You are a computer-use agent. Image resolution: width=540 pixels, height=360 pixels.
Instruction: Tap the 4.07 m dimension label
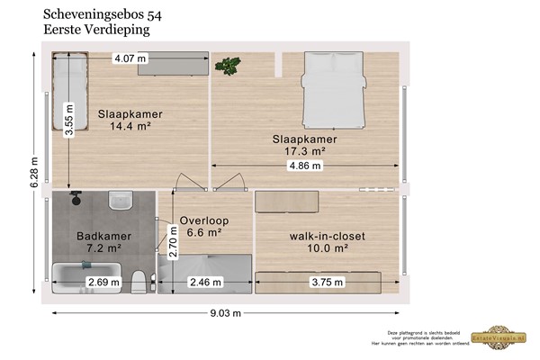(130, 59)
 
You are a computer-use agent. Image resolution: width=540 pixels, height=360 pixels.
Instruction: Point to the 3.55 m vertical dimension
(67, 116)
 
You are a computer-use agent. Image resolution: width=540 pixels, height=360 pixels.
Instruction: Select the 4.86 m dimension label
(305, 166)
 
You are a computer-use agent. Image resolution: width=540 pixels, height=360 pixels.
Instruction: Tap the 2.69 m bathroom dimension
(103, 283)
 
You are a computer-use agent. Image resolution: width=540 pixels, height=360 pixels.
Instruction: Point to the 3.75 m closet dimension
(327, 283)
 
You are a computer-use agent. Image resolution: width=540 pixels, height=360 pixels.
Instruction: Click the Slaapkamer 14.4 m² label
(128, 121)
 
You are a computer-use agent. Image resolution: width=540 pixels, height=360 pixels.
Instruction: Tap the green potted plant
(229, 65)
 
